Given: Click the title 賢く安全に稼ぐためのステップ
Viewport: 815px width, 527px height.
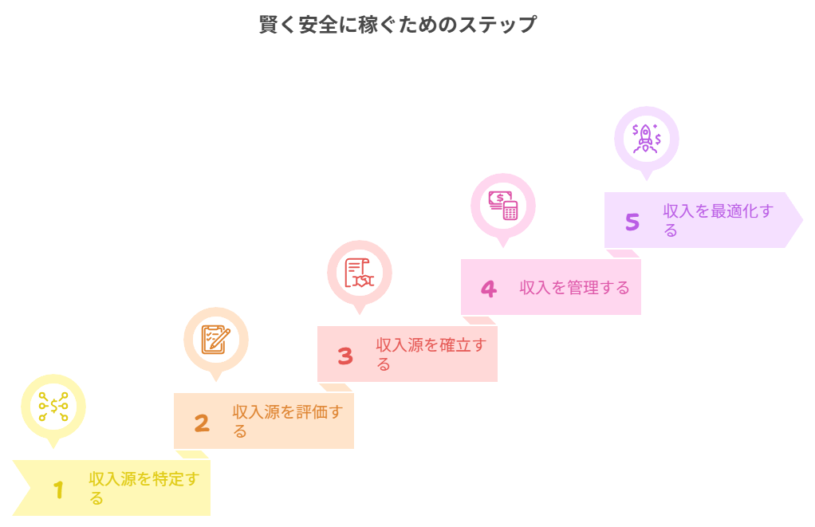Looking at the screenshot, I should point(397,25).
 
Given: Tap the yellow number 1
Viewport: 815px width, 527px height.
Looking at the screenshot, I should point(58,490).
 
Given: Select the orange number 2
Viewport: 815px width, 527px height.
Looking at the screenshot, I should point(202,423).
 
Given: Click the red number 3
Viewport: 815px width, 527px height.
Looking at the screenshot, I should point(345,356).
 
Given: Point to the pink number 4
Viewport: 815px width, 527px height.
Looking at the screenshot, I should point(488,289).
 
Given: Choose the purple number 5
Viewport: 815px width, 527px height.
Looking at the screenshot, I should point(632,222).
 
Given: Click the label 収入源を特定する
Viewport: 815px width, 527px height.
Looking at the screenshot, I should point(144,488).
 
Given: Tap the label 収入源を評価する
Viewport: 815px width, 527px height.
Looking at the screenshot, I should point(288,421).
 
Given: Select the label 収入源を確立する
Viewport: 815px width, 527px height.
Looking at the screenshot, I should point(431,354).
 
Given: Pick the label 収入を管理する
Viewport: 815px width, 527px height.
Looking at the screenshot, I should point(574,288).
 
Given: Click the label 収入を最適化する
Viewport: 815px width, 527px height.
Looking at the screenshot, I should point(719,220).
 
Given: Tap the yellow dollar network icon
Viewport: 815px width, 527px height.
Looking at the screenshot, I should point(53,407).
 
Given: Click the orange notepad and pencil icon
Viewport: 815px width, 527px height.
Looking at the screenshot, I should point(216,340).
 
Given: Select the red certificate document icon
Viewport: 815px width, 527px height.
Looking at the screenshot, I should point(360,273).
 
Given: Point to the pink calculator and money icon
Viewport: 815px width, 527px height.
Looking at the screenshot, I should point(503,206).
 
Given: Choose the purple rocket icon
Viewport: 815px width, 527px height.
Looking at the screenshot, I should point(647,139).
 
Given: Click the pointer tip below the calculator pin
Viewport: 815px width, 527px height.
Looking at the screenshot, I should point(503,249).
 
